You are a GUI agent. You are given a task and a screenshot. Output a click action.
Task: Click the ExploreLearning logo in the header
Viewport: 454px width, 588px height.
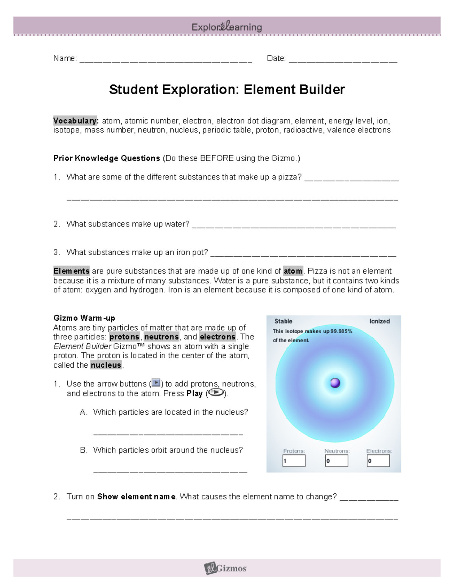click(227, 27)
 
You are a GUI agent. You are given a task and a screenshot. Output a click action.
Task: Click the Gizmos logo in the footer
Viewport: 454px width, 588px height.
click(225, 568)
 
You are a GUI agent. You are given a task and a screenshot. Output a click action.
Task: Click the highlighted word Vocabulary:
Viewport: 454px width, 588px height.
click(76, 121)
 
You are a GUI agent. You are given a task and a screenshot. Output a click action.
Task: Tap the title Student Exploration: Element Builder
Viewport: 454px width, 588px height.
click(227, 90)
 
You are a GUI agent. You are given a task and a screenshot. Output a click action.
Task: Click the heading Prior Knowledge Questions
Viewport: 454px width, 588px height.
click(107, 158)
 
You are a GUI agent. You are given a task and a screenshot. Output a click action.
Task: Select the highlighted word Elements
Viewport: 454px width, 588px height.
click(72, 271)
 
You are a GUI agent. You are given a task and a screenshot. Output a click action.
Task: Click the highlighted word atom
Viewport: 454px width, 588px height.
click(293, 271)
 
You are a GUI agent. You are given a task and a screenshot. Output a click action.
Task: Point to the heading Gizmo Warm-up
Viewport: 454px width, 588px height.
click(84, 318)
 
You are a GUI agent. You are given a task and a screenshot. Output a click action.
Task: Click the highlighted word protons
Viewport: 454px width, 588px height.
click(124, 337)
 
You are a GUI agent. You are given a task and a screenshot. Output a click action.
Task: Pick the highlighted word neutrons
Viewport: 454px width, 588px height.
click(162, 337)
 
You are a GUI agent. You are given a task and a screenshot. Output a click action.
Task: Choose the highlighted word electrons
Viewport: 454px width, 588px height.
click(218, 337)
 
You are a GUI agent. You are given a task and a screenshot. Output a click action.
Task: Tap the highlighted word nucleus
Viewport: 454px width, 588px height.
click(106, 365)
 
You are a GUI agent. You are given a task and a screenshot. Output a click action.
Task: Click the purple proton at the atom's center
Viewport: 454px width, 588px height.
click(335, 383)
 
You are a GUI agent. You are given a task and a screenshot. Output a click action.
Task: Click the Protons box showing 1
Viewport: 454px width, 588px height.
click(294, 461)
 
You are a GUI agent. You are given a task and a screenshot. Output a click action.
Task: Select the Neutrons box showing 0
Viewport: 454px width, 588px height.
click(336, 461)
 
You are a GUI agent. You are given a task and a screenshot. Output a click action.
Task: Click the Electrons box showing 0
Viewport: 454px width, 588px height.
click(378, 461)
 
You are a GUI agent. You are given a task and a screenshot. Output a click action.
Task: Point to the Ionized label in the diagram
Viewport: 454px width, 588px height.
click(379, 321)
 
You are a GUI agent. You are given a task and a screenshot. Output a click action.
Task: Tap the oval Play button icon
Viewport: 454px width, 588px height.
click(216, 393)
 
